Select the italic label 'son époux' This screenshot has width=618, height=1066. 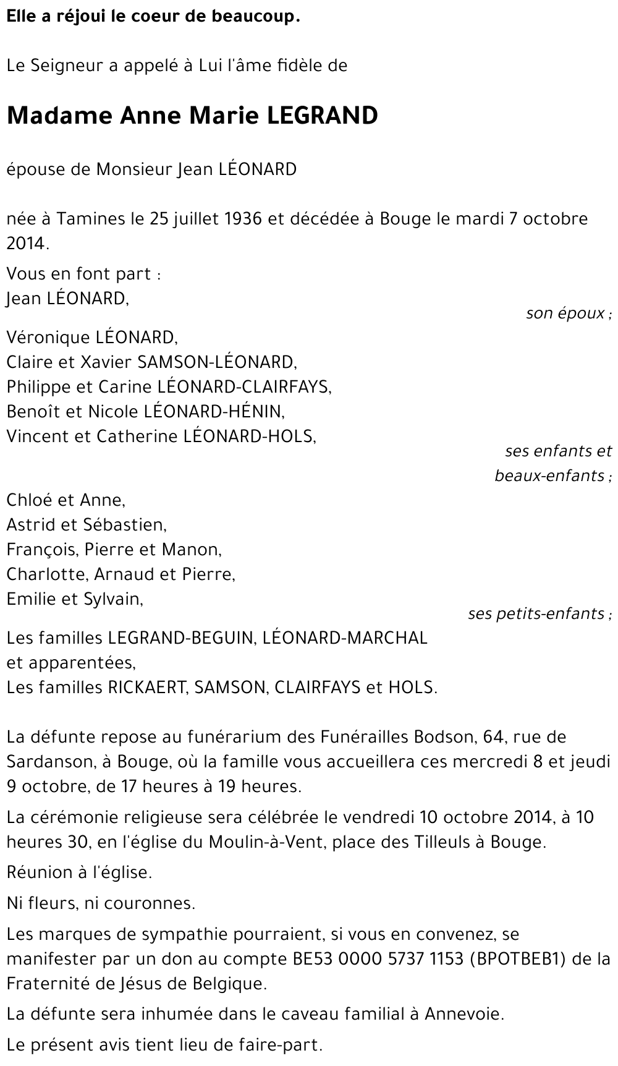tap(565, 313)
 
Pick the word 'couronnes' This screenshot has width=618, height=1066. tap(159, 903)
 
